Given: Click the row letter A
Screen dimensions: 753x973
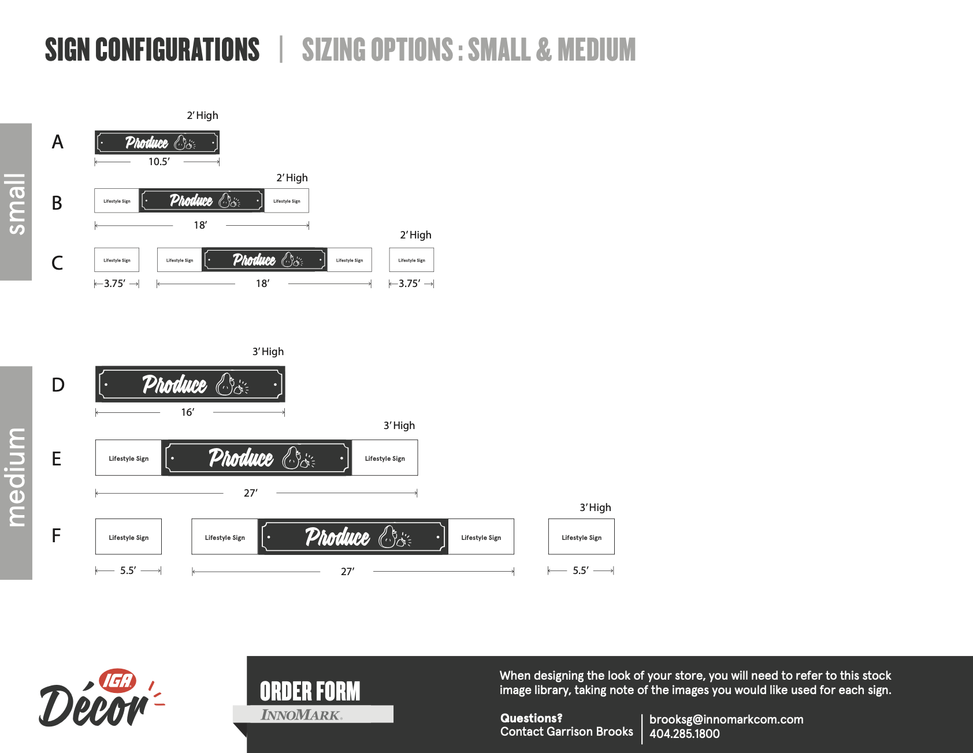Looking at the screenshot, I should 57,142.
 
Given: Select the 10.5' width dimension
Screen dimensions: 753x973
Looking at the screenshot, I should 159,162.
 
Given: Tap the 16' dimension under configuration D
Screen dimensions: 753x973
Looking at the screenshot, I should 188,412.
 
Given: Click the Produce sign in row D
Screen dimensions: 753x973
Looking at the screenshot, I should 190,385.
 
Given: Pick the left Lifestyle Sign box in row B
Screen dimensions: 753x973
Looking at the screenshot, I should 117,201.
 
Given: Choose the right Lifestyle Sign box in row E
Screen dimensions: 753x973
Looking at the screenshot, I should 385,458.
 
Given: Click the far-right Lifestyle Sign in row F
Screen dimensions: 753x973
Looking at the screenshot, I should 581,537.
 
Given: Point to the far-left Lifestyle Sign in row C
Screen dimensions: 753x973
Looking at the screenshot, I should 117,260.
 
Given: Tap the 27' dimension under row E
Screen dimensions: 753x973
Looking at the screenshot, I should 251,493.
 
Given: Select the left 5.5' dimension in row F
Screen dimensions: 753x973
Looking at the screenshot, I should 128,571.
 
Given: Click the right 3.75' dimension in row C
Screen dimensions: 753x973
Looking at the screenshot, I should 410,284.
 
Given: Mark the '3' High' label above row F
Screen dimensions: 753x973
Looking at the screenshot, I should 595,508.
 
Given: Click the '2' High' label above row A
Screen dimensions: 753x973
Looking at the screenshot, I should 202,115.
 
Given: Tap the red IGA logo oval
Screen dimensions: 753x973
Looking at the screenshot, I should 118,681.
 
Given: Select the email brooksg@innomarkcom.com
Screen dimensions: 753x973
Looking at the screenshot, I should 726,720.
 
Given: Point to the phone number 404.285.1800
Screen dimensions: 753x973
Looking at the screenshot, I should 685,734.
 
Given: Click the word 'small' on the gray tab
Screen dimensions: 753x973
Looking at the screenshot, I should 16,203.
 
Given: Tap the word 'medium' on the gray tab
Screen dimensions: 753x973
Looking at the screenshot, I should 16,477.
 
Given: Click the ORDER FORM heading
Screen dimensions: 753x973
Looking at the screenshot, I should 310,691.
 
